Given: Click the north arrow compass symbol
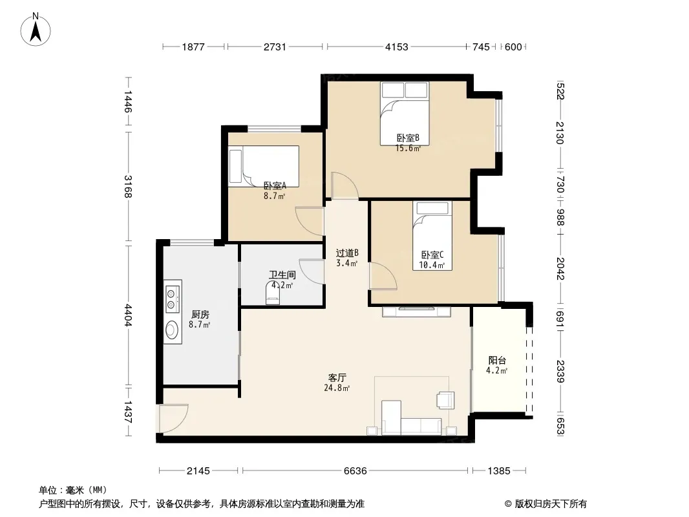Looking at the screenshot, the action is (x=36, y=30).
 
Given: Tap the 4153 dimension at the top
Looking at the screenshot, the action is (x=396, y=47).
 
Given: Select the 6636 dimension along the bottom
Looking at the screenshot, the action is (x=355, y=471).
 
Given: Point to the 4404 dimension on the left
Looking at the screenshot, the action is (x=128, y=315).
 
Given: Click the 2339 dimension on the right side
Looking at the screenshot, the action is (x=560, y=371).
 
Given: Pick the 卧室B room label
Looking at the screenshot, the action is (x=408, y=138).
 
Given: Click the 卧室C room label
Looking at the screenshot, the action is (x=432, y=255).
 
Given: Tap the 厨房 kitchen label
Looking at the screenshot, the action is (x=200, y=315).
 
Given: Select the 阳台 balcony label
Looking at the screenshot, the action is (x=497, y=360).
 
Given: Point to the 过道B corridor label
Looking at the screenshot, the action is (x=347, y=253).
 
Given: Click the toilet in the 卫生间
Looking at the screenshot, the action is (x=273, y=293).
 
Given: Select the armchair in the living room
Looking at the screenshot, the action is (x=445, y=400).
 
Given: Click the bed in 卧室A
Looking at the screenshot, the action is (x=264, y=166).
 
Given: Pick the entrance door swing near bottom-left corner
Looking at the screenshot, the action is (x=174, y=417).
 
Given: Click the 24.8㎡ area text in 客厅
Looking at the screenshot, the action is (x=337, y=388).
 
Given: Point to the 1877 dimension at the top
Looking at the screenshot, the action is (x=193, y=47).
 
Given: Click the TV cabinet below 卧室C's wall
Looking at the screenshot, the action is (x=416, y=311).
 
